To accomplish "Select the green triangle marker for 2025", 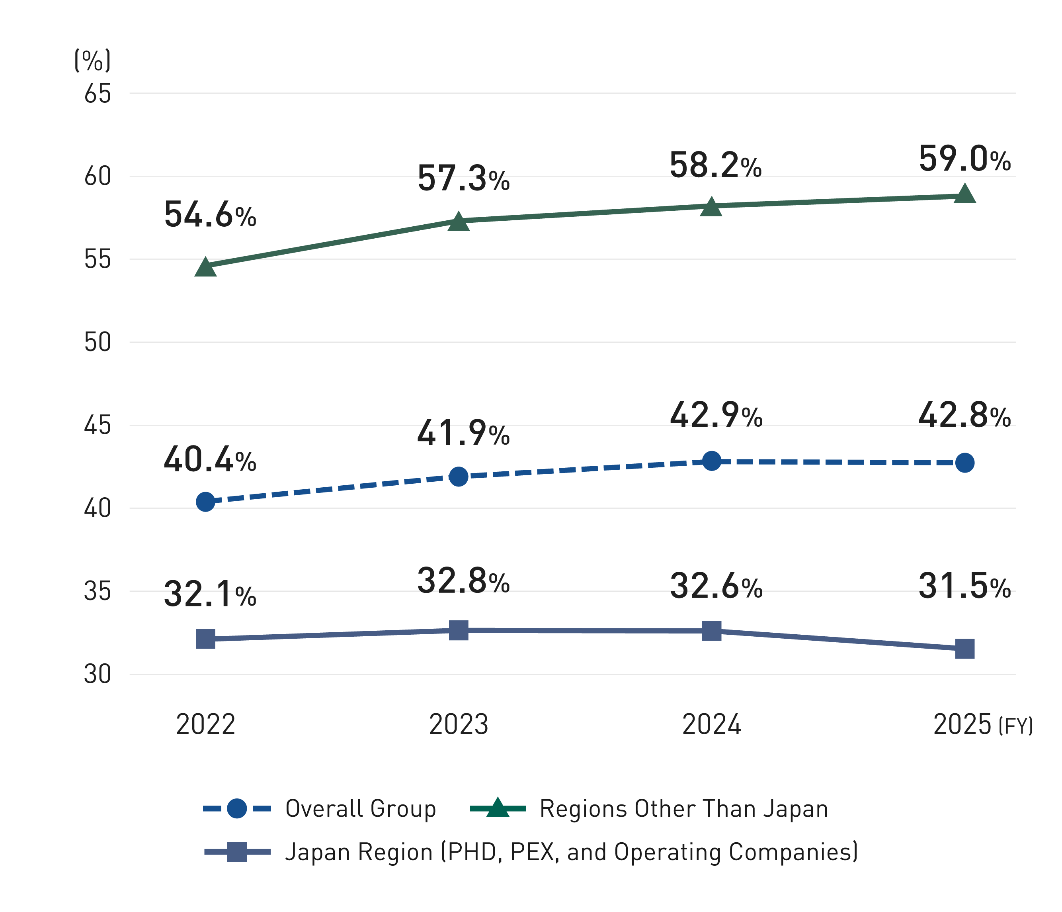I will pos(964,195).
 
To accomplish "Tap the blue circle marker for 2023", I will pos(458,477).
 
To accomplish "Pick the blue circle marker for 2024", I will pos(711,461).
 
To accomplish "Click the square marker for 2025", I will pos(964,649).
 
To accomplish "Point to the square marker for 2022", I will pos(205,639).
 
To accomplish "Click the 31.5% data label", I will pos(964,586).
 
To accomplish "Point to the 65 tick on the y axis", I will pos(98,94).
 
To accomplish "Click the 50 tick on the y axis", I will pos(98,342).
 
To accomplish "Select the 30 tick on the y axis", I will pos(98,675).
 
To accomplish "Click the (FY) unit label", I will pos(1015,726).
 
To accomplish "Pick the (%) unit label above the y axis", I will pos(92,61).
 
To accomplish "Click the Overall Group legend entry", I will pos(360,809).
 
